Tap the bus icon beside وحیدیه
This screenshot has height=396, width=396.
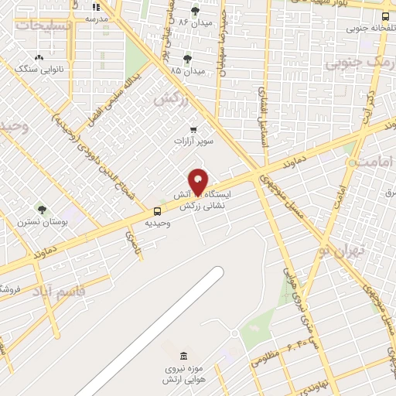158,211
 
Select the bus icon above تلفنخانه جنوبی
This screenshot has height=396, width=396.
386,15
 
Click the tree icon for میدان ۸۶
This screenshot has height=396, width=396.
193,11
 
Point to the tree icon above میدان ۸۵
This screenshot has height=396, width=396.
187,58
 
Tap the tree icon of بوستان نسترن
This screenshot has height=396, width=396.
42,209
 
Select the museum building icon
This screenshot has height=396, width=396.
183,356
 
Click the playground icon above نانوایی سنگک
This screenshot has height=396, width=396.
39,57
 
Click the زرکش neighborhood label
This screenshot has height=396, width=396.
172,98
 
